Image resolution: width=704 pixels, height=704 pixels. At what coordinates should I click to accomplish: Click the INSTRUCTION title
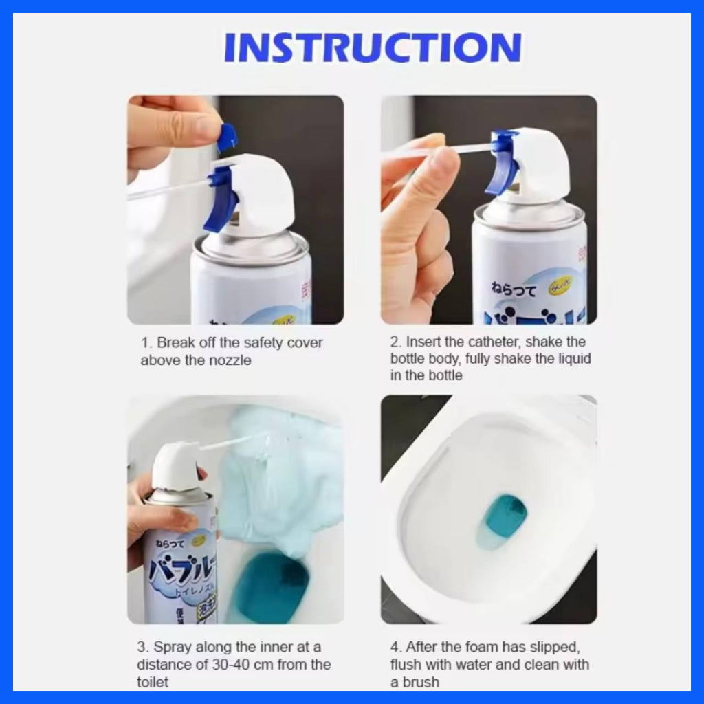pos(372,47)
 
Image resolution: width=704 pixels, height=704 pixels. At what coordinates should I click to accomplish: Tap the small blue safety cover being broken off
pos(227,137)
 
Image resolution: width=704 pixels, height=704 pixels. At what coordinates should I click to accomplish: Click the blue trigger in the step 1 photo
pos(222,199)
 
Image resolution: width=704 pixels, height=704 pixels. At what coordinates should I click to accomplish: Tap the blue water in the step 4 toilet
pos(505,516)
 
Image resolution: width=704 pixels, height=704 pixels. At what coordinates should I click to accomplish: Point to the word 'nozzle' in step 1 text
pos(230,360)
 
